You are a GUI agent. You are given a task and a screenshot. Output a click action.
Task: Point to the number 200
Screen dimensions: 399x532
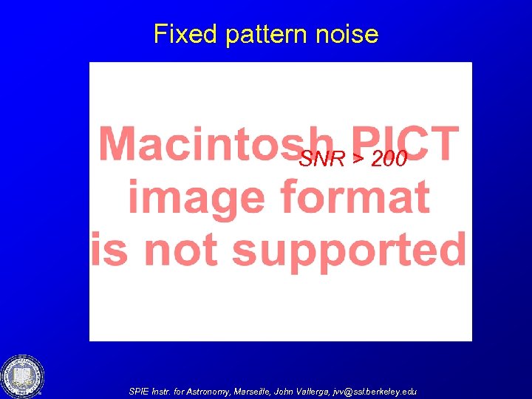tap(389, 159)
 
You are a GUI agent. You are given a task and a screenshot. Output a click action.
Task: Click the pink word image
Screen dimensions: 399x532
tap(190, 197)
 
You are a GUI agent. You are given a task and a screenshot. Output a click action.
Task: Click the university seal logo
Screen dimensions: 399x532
tap(22, 376)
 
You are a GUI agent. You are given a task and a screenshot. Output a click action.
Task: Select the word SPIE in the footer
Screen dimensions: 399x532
tap(139, 391)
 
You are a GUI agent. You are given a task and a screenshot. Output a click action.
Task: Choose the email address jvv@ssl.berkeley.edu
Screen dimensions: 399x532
tap(385, 391)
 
